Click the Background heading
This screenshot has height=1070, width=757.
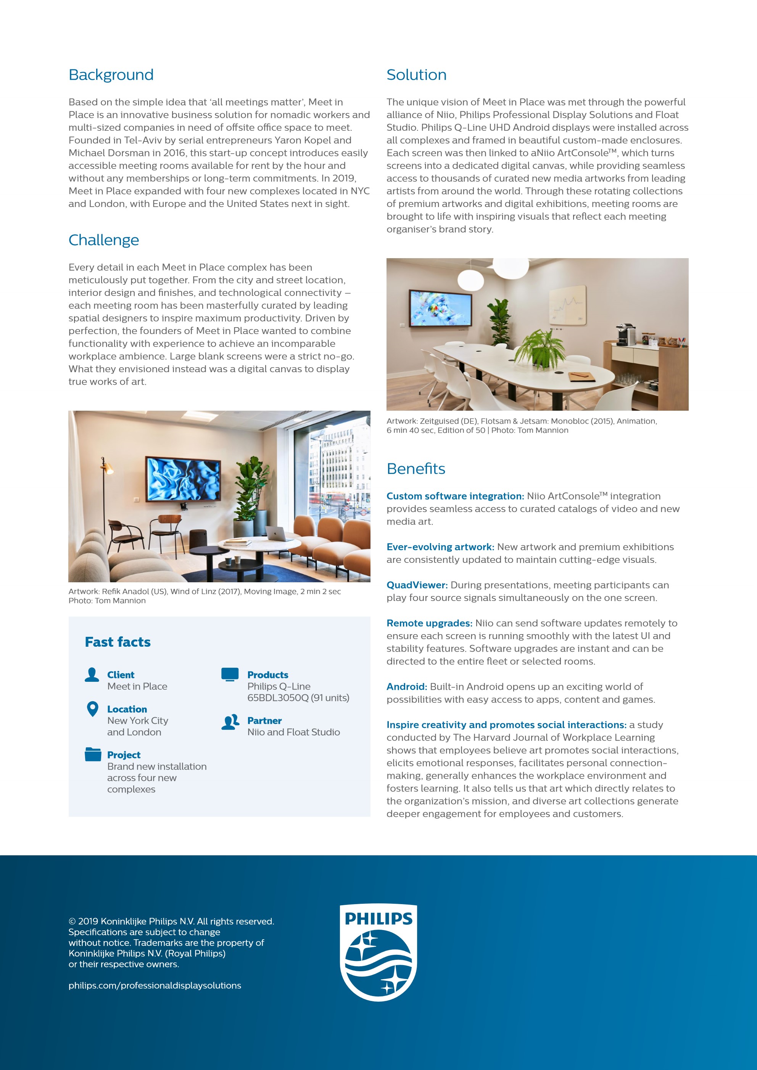[x=111, y=75]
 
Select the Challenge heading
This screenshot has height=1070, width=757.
[x=103, y=240]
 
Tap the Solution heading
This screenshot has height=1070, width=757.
[x=416, y=75]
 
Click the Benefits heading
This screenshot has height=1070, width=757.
[x=416, y=469]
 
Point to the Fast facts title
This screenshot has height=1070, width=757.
[x=118, y=642]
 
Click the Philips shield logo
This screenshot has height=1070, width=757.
[x=378, y=953]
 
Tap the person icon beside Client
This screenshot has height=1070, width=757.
[x=92, y=675]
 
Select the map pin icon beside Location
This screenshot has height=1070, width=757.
[x=93, y=709]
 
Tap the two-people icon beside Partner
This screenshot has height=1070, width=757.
[x=230, y=722]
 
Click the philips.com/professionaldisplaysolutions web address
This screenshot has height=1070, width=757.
[x=155, y=986]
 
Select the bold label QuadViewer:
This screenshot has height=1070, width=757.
[x=417, y=585]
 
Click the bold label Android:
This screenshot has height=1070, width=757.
[x=407, y=687]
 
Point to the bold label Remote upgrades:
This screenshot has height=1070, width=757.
[x=429, y=623]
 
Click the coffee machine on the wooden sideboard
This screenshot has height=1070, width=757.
[x=625, y=334]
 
